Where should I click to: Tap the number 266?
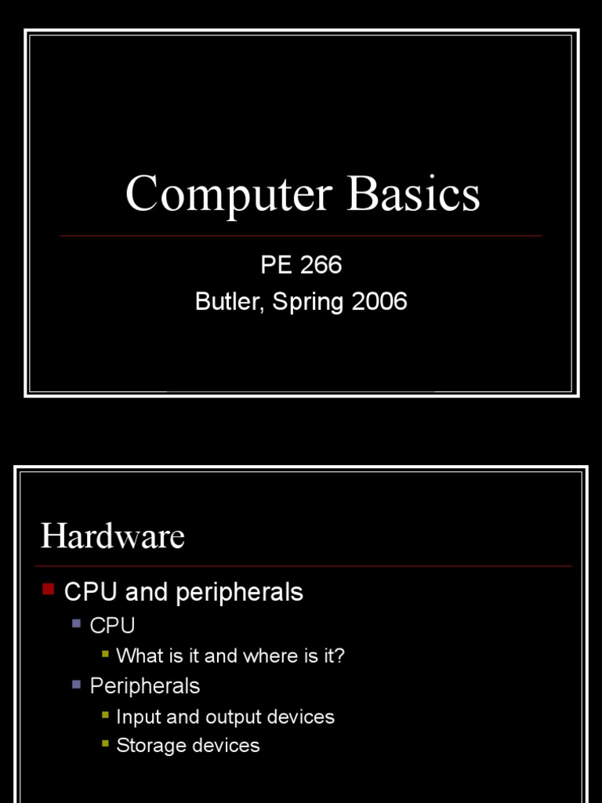(321, 265)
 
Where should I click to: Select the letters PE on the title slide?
(274, 265)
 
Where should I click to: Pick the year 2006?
(379, 302)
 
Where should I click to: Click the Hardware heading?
(112, 536)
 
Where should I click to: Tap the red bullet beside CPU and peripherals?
(48, 588)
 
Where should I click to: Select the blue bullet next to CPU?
(76, 623)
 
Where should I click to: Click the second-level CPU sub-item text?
(112, 626)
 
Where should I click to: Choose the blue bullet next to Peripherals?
(76, 684)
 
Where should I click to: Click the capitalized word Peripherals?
(145, 686)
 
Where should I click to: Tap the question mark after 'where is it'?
(339, 656)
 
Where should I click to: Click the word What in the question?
(137, 656)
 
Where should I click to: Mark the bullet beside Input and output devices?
(105, 714)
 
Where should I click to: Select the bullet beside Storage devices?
(105, 743)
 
